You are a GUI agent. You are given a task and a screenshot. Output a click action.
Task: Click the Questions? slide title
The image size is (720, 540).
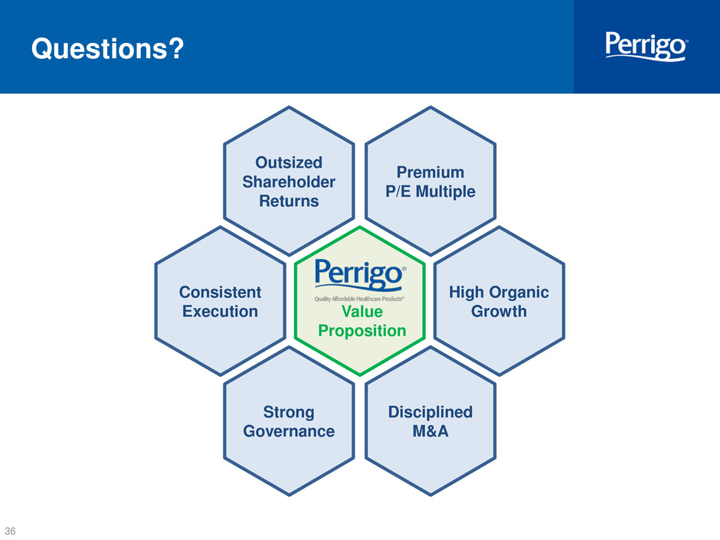[107, 49]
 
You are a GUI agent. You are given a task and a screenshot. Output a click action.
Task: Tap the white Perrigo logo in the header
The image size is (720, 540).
[646, 46]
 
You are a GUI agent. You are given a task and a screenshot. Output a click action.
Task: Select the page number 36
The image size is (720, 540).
[10, 531]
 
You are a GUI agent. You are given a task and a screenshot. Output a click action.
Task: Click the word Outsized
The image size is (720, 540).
[289, 162]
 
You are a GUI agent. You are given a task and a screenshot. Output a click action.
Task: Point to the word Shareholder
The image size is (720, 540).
[289, 182]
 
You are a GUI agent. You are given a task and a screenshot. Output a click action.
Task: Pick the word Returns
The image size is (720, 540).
[289, 201]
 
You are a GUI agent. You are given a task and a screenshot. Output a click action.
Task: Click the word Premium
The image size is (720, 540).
[430, 172]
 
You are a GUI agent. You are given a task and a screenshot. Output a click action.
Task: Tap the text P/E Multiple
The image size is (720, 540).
[430, 191]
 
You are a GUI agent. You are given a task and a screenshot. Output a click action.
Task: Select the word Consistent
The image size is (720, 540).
[221, 292]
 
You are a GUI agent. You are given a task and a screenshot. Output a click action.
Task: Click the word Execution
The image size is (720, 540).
[221, 311]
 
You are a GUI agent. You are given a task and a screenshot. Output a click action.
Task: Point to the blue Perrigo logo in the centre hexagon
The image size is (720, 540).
[360, 275]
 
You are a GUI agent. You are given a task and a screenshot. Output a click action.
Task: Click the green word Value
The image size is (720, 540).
[362, 311]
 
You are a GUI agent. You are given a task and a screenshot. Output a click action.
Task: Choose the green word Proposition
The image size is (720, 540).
[362, 331]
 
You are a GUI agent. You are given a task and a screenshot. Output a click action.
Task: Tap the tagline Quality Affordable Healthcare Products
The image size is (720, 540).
[359, 299]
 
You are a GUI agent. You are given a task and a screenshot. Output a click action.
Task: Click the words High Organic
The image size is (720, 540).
[499, 293]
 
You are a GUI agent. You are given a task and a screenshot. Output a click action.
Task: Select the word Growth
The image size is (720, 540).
[499, 311]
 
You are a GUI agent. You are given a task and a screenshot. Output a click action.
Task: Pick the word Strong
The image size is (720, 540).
[289, 412]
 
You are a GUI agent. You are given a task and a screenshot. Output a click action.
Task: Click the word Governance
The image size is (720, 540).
[289, 431]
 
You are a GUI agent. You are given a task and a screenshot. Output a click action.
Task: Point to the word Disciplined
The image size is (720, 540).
[430, 412]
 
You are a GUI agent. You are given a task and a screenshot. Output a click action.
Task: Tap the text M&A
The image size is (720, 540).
[430, 431]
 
